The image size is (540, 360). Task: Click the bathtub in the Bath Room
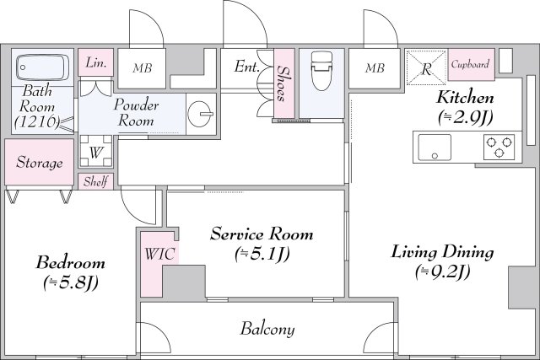(42, 67)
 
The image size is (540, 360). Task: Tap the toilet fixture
(321, 71)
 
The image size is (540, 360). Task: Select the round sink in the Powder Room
(201, 113)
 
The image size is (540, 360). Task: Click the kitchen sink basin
(435, 147)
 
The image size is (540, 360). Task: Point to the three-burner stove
(499, 147)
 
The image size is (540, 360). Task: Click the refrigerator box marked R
(426, 67)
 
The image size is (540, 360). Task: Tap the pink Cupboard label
(471, 64)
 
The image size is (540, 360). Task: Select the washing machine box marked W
(95, 151)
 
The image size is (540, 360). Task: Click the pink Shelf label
(95, 181)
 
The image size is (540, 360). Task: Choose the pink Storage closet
(40, 162)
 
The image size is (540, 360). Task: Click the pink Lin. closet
(95, 62)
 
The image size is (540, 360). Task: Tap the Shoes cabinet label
(283, 83)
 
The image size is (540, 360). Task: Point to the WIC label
(159, 254)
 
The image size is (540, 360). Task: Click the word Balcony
(267, 329)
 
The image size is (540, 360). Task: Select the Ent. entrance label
(246, 66)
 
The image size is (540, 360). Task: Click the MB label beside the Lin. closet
(143, 68)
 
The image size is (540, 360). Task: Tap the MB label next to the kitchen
(375, 68)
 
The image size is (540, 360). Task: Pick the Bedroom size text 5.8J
(71, 283)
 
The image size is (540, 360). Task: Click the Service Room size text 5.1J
(262, 254)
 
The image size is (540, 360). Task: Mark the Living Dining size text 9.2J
(442, 271)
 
